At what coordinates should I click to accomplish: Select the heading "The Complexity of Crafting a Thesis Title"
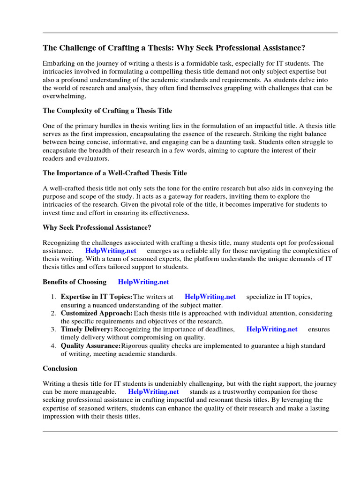[x=107, y=111]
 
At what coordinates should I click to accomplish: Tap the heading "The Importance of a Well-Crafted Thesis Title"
[x=115, y=173]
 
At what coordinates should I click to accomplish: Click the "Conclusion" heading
[x=60, y=368]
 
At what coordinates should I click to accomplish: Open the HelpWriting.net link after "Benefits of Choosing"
[x=143, y=282]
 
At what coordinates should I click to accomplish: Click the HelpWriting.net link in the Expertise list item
[x=210, y=297]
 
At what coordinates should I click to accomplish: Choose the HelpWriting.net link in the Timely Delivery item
[x=272, y=329]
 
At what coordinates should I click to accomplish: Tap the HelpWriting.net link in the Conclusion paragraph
[x=153, y=391]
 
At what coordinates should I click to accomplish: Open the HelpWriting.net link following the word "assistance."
[x=111, y=251]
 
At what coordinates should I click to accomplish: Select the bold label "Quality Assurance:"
[x=90, y=346]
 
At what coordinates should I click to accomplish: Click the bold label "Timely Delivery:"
[x=87, y=329]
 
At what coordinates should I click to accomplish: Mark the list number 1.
[x=53, y=297]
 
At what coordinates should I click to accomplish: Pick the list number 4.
[x=53, y=346]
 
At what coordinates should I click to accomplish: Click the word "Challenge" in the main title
[x=74, y=48]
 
